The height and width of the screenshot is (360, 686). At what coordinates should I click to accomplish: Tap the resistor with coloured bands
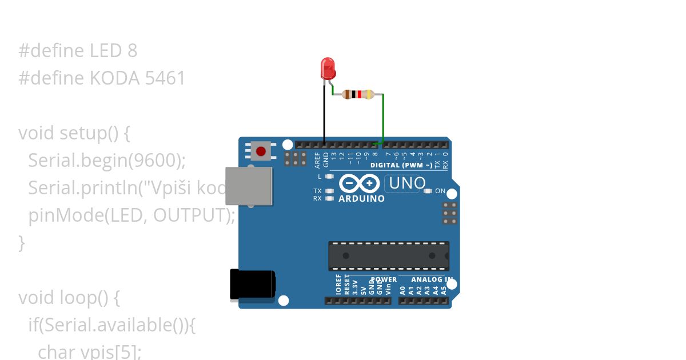[358, 94]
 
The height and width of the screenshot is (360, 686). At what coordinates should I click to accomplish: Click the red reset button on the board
[261, 151]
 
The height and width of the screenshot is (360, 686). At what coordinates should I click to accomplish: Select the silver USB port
[249, 186]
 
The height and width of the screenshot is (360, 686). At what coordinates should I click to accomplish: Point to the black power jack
[252, 284]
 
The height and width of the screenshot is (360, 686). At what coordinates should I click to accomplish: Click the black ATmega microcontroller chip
[389, 255]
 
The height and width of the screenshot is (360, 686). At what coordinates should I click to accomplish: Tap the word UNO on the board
[407, 183]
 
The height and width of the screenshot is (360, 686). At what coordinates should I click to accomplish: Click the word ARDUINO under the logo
[361, 199]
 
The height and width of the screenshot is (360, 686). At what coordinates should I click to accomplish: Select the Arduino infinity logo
[359, 183]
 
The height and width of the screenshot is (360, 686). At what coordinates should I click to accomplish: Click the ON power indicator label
[440, 191]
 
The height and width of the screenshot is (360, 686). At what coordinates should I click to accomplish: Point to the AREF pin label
[317, 160]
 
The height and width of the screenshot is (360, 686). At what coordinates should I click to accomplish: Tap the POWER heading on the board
[383, 279]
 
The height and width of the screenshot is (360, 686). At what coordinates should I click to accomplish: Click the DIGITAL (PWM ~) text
[401, 165]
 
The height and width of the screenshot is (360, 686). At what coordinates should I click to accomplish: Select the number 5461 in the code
[165, 78]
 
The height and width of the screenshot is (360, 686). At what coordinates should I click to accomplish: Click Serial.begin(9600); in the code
[107, 161]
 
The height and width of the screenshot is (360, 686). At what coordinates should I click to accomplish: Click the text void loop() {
[69, 298]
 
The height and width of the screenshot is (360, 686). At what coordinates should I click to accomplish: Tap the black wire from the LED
[324, 114]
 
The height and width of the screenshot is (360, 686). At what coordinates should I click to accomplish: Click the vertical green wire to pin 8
[383, 117]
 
